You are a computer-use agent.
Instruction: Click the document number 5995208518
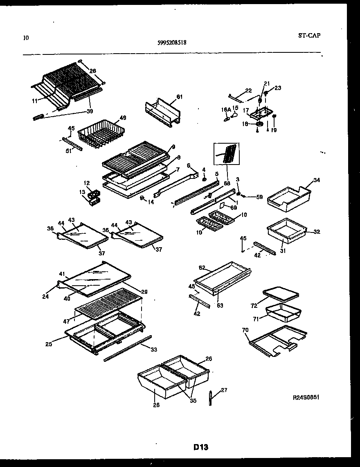pos(172,42)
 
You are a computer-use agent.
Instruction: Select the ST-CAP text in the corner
pos(309,35)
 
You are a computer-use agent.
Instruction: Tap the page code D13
pos(201,447)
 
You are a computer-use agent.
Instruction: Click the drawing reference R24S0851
pos(306,397)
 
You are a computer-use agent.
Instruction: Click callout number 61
pos(179,97)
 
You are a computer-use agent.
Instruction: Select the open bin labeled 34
pos(288,198)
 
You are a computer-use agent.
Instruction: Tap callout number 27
pos(224,390)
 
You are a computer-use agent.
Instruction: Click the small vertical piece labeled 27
pos(210,398)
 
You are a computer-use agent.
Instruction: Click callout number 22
pos(248,90)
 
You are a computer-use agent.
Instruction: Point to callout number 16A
pos(226,110)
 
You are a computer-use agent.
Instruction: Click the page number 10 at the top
pos(26,38)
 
